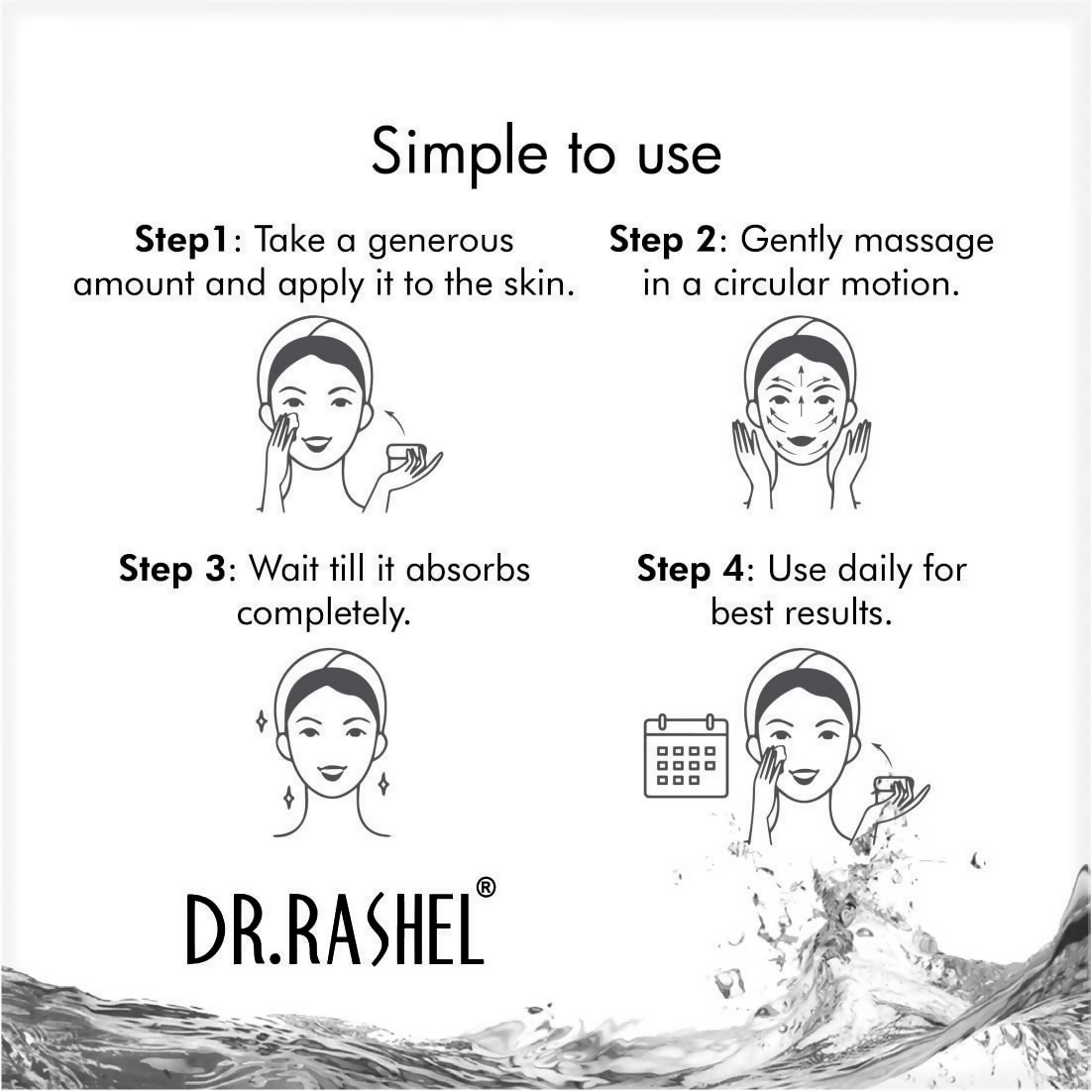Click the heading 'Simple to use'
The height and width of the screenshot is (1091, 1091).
pos(545,153)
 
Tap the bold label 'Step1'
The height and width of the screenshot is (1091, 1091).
pos(181,241)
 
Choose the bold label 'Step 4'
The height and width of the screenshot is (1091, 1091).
pos(689,570)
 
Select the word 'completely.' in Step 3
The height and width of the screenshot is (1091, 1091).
pos(323,613)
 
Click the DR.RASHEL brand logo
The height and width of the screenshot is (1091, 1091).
pos(335,928)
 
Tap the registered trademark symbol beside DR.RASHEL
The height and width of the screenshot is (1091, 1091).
pos(486,888)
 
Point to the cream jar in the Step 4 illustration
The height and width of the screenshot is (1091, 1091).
pos(892,788)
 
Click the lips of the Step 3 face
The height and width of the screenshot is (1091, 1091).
pos(331,772)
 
